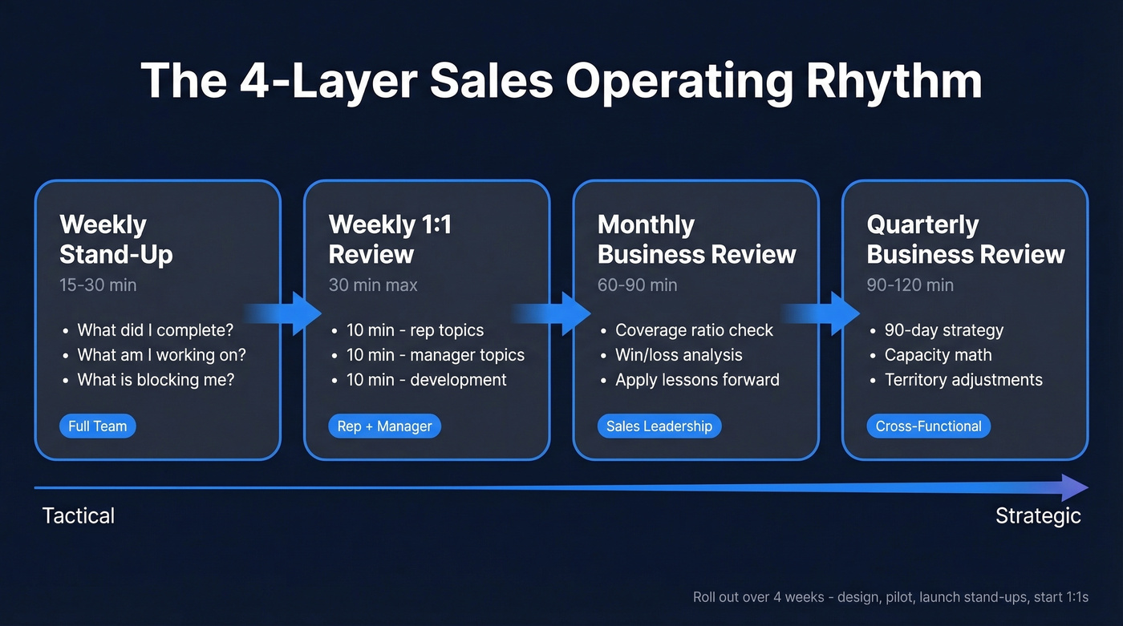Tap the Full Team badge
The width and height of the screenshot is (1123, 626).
coord(97,426)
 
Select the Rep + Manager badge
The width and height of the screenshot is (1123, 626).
coord(384,426)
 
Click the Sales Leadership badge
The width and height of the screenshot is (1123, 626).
coord(659,426)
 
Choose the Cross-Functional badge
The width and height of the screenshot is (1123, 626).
coord(928,426)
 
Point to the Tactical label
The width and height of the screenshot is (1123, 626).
coord(79,515)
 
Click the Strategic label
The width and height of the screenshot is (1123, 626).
coord(1038,515)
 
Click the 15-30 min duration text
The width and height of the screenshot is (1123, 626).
coord(98,285)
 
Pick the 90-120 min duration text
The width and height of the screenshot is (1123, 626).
coord(910,285)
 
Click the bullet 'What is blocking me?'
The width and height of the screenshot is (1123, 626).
coord(156,380)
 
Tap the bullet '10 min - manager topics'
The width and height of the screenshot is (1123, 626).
coord(435,355)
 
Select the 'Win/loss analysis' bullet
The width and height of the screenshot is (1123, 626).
coord(679,355)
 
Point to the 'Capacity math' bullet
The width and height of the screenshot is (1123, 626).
coord(938,355)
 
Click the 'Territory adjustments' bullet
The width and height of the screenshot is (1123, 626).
coord(963,380)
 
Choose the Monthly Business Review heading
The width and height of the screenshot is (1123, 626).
coord(696,240)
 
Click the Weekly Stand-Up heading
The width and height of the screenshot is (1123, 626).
coord(116,240)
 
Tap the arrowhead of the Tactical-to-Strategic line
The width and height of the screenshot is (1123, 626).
coord(1073,487)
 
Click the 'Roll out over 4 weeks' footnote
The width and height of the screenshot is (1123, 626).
coord(890,598)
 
